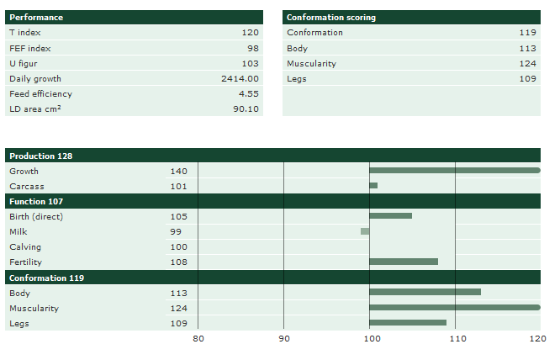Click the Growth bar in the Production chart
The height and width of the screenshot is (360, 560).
454,171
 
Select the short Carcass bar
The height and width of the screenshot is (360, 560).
373,186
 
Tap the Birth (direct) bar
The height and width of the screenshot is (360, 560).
390,216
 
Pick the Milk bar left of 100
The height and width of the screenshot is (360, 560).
365,231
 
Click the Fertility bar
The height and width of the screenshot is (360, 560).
404,262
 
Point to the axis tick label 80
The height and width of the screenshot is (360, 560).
198,338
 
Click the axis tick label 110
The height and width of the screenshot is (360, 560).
455,338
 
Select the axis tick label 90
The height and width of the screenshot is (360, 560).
284,338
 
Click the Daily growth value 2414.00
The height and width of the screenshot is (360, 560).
240,78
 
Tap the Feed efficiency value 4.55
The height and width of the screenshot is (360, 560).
248,93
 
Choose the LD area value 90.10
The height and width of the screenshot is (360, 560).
246,109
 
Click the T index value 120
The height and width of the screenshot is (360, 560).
250,33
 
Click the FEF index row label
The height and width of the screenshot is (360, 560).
29,48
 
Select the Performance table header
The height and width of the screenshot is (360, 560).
36,17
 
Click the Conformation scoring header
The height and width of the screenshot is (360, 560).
331,17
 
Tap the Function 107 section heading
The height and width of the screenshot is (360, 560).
36,201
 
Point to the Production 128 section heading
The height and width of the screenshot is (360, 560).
41,156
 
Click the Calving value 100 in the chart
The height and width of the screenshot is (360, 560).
178,246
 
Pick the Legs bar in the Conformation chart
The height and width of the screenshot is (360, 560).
408,322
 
